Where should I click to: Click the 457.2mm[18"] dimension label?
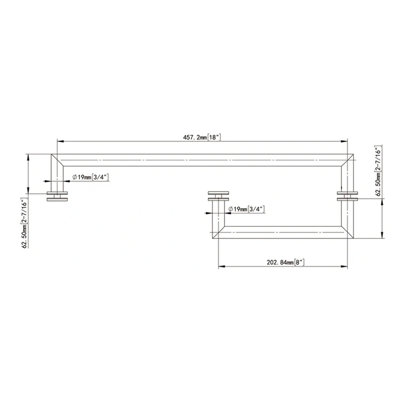click(202, 137)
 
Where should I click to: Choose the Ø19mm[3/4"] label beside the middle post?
click(246, 209)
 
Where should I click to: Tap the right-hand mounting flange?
click(347, 197)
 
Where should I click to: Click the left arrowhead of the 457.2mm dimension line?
click(59, 141)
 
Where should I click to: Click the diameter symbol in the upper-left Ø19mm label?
click(74, 177)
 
